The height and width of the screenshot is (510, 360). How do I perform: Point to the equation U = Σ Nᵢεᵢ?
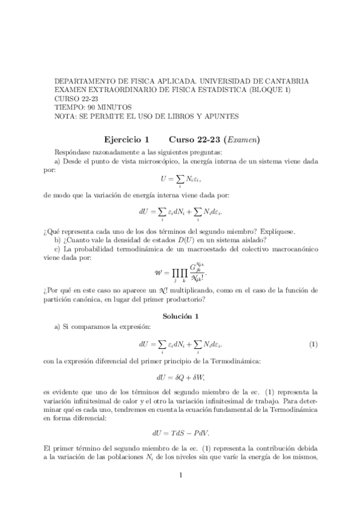point(180,179)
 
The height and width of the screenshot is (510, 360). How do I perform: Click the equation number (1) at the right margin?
point(313,345)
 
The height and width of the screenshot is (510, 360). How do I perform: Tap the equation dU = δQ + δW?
point(180,378)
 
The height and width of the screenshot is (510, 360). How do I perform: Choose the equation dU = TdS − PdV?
point(180,432)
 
